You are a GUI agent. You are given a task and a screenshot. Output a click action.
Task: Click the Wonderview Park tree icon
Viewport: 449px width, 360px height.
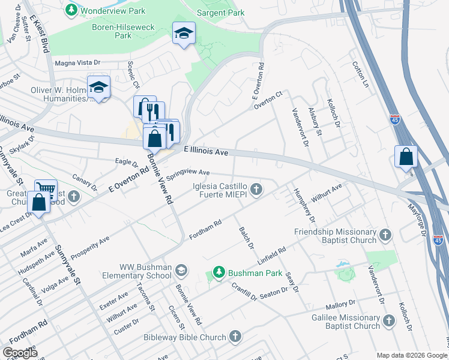click(x=72, y=10)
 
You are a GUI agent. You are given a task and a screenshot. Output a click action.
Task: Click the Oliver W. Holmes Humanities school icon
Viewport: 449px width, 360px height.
click(x=99, y=88)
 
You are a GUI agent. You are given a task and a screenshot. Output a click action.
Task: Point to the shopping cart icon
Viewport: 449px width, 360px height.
click(x=46, y=189)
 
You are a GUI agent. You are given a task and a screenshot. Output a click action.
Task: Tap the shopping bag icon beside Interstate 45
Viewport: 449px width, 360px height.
click(x=406, y=157)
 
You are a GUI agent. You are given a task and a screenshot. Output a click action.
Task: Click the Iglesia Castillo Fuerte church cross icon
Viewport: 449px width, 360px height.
click(x=256, y=190)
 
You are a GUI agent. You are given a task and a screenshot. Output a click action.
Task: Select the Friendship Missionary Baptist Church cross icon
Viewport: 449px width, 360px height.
click(x=385, y=235)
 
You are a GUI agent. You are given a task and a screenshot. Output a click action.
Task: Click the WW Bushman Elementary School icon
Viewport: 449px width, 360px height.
click(x=181, y=271)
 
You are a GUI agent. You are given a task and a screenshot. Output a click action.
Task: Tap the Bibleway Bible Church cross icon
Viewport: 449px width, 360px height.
click(x=235, y=337)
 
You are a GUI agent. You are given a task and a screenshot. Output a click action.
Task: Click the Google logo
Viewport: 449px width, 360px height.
click(x=20, y=353)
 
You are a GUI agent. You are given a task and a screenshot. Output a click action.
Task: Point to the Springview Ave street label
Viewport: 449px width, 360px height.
click(x=188, y=173)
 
